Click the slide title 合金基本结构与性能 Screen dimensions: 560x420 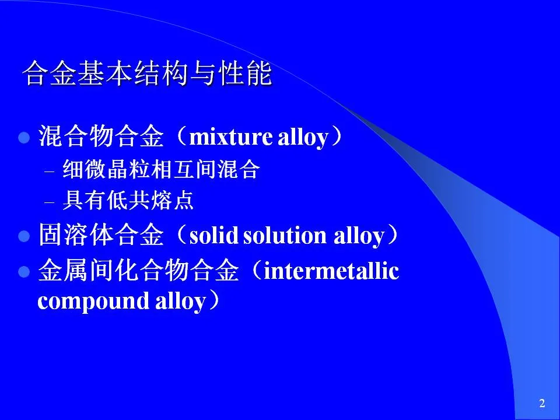[x=147, y=73]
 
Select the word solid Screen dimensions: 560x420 [x=213, y=235]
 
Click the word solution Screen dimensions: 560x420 [x=285, y=235]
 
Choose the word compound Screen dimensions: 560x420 [x=93, y=301]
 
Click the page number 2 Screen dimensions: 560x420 [x=542, y=403]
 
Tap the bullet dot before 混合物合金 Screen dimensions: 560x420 [x=24, y=138]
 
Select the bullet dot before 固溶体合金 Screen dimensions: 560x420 [x=24, y=236]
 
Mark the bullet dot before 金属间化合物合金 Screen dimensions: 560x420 [x=24, y=272]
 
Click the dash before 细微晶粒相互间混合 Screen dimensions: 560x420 [x=49, y=171]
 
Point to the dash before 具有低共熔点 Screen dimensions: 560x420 [x=49, y=202]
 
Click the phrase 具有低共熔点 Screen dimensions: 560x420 [x=128, y=200]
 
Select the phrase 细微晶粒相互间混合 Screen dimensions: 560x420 [x=161, y=169]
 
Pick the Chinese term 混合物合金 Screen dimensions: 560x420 [x=101, y=136]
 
